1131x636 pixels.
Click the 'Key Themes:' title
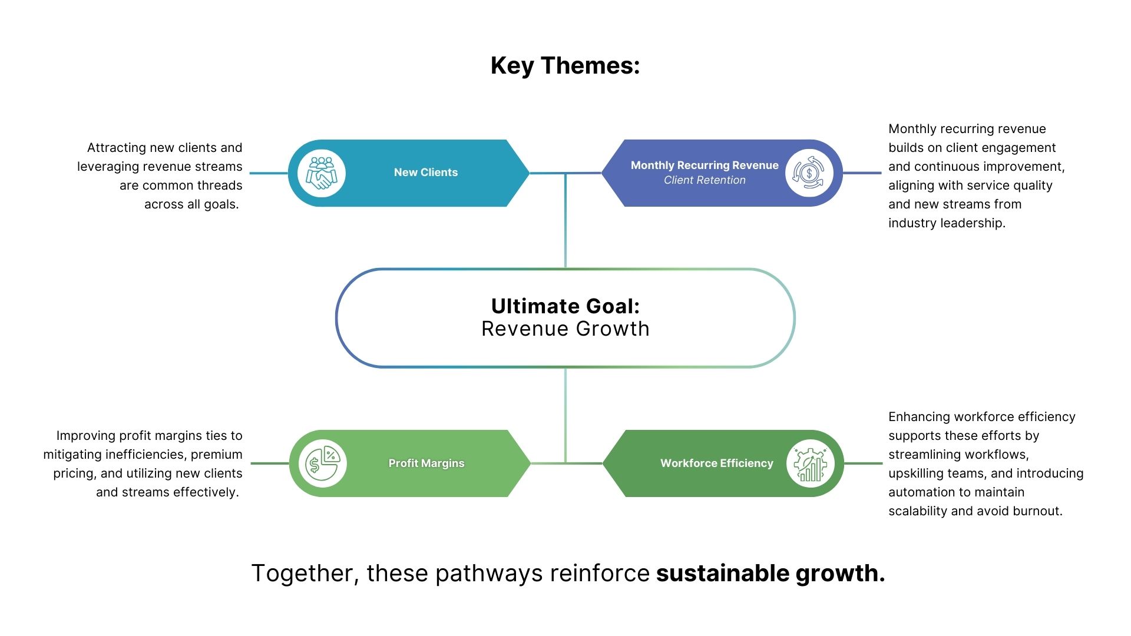point(565,65)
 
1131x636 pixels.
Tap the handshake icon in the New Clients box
point(322,173)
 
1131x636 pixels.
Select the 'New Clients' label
point(425,173)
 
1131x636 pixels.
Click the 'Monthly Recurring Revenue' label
point(705,165)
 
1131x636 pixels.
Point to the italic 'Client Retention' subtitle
point(705,180)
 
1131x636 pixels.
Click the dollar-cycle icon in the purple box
point(809,173)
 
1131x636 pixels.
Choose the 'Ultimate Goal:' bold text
point(565,306)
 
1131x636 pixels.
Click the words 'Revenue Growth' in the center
point(565,329)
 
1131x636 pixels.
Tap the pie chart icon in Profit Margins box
point(322,463)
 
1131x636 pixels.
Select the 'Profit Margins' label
point(426,463)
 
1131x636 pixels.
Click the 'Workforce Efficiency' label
point(716,463)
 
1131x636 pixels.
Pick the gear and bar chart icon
point(811,463)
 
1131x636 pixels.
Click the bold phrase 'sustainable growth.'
point(770,573)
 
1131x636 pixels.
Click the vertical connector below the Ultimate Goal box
point(565,412)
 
